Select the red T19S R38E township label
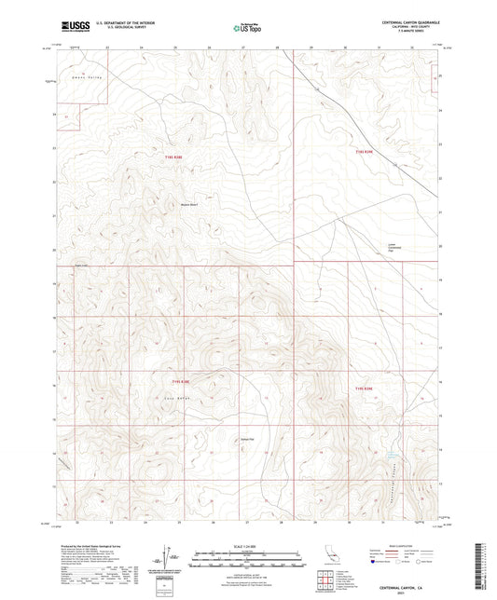click(x=179, y=380)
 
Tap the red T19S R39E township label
click(x=363, y=389)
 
